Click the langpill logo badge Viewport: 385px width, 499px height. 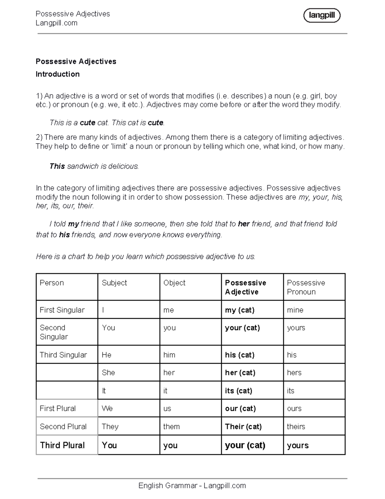(x=321, y=15)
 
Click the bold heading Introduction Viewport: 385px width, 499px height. (x=58, y=74)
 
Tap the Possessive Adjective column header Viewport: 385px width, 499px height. (x=245, y=287)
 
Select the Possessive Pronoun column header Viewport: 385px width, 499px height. (x=306, y=287)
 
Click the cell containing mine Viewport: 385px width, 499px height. (x=295, y=310)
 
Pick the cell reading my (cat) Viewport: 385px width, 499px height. (x=240, y=310)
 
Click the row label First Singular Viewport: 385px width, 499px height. (x=62, y=310)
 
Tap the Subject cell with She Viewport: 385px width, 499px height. (x=108, y=373)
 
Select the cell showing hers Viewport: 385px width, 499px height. (x=294, y=373)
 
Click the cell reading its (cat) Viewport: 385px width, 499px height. (x=238, y=391)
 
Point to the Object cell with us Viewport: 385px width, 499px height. (x=167, y=408)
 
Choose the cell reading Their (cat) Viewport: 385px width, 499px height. (x=243, y=427)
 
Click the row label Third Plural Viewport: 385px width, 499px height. (x=62, y=445)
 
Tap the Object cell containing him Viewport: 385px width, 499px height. (x=169, y=355)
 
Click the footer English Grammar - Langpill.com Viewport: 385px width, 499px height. (x=192, y=486)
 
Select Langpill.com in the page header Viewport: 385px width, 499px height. (x=56, y=23)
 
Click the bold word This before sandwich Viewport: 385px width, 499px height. (x=57, y=166)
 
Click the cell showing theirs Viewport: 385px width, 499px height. (x=296, y=427)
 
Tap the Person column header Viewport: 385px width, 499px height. (x=52, y=283)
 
